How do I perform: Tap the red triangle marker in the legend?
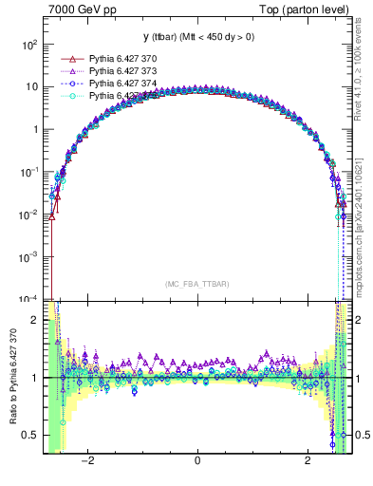point(66,58)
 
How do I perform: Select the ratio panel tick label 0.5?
point(30,435)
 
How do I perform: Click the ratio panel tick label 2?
point(34,320)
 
